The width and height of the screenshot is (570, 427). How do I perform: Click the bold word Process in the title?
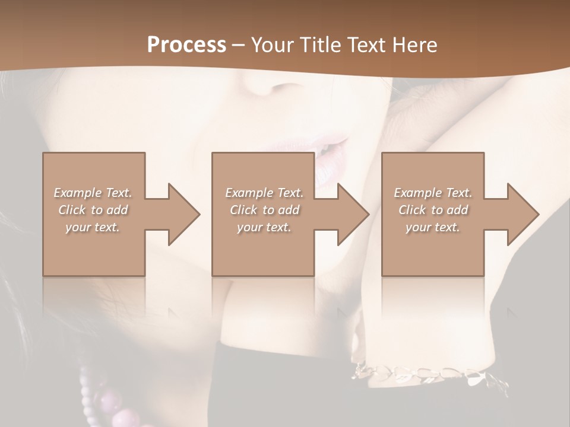[x=186, y=45]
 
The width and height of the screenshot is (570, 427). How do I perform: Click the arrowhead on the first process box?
[x=181, y=214]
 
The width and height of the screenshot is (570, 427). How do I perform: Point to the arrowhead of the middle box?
[x=350, y=214]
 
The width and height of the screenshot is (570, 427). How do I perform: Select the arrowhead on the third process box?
[x=520, y=214]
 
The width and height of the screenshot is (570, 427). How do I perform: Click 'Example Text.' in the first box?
[x=93, y=193]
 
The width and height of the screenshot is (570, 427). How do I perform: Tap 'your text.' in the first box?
[x=93, y=227]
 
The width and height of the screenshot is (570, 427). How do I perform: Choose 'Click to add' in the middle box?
[x=264, y=210]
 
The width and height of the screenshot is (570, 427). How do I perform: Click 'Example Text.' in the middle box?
[x=264, y=193]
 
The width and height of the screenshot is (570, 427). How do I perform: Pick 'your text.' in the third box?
[x=433, y=227]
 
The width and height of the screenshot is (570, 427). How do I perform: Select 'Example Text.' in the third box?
[x=433, y=193]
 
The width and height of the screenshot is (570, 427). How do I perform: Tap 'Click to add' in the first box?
[x=93, y=210]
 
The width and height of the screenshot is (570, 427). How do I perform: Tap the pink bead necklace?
[x=113, y=403]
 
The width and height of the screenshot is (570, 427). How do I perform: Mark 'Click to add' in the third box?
[x=433, y=210]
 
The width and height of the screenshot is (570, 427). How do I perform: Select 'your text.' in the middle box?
[x=264, y=227]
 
